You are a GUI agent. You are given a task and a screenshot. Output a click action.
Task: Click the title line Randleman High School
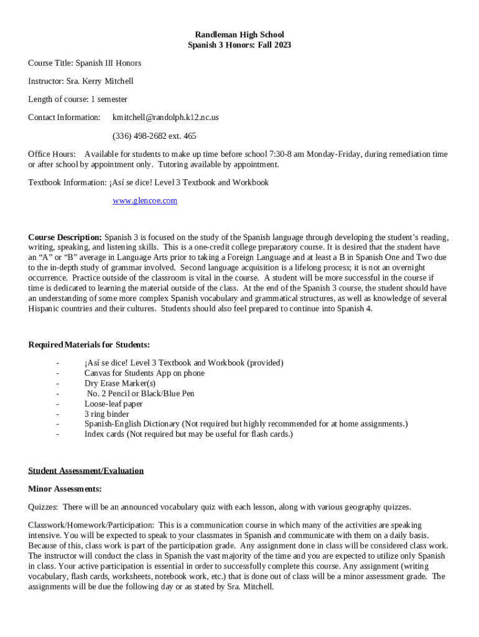(x=240, y=35)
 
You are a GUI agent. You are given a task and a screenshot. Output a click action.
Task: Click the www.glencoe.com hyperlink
(x=145, y=200)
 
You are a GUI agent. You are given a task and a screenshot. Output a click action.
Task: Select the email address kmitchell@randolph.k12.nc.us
(x=165, y=117)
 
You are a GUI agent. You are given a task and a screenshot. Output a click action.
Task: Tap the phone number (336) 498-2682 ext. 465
(x=154, y=136)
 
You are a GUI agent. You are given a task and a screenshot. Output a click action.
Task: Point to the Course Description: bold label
(x=65, y=238)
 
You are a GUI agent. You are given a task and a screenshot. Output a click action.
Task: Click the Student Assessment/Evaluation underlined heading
(x=86, y=470)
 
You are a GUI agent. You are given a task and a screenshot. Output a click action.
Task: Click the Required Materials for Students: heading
(x=89, y=345)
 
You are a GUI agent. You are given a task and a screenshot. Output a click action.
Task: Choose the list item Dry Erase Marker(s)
(x=120, y=383)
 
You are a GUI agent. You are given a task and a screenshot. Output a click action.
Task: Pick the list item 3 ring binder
(x=107, y=414)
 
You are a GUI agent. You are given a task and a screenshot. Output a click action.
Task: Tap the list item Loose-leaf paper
(x=114, y=404)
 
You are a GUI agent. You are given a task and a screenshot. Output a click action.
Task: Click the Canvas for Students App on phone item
(x=144, y=373)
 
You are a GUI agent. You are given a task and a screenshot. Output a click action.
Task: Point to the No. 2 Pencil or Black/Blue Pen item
(x=141, y=393)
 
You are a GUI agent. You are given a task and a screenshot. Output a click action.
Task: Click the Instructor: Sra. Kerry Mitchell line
(x=81, y=81)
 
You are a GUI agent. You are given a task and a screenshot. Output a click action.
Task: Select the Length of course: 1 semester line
(x=78, y=99)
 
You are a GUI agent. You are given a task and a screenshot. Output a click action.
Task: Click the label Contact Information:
(x=64, y=117)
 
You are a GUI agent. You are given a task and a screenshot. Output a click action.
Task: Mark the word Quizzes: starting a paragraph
(x=44, y=507)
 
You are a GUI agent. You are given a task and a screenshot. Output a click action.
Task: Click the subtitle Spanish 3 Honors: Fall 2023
(x=240, y=45)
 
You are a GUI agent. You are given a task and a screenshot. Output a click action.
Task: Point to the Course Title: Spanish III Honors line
(x=85, y=63)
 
